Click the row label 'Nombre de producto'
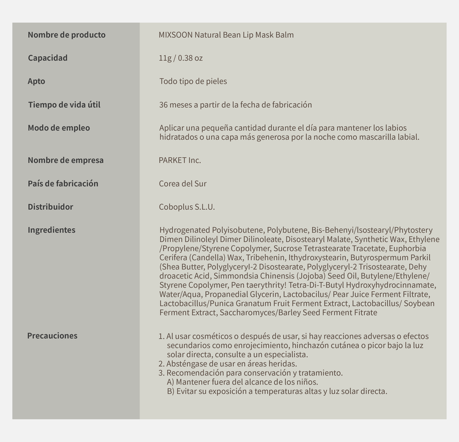coord(67,35)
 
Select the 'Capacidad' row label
coord(48,58)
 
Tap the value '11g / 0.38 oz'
coord(181,58)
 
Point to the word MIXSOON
coord(175,35)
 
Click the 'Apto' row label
coord(36,81)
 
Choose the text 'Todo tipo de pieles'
coord(193,81)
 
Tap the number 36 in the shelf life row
coord(164,105)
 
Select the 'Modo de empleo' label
coord(59,128)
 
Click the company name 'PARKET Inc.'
coord(180,161)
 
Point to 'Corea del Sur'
coord(182,184)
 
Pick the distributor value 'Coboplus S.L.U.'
coord(187,207)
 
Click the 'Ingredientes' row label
coord(51,230)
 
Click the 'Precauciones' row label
coord(52,335)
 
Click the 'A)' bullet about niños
coord(171,382)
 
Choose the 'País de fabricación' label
coord(63,183)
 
